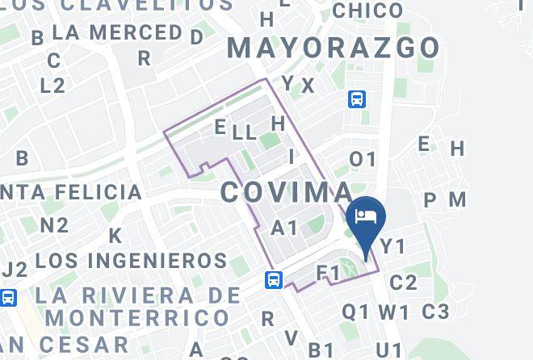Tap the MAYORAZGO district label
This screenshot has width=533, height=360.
[x=334, y=48]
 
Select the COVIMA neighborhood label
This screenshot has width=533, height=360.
[x=287, y=192]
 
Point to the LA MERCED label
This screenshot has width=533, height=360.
[x=117, y=33]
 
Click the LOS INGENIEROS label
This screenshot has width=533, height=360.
[x=132, y=261]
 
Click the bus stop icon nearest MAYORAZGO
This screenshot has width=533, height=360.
[x=357, y=99]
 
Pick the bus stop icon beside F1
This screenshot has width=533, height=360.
[x=274, y=280]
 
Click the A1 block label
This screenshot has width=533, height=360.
[x=284, y=228]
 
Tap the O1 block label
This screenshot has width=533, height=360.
[x=363, y=160]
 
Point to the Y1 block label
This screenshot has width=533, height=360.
[x=392, y=246]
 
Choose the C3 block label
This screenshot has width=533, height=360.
[x=434, y=311]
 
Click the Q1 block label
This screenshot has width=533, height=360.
[x=356, y=312]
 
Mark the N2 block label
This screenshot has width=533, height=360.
[x=54, y=225]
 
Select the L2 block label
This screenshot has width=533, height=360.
[x=52, y=86]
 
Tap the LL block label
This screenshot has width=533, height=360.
[x=244, y=132]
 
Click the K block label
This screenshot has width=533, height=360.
[x=115, y=236]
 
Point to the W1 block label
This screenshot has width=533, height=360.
[x=394, y=312]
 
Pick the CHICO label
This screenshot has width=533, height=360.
[x=367, y=10]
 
